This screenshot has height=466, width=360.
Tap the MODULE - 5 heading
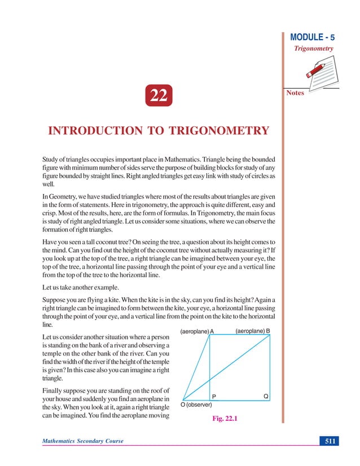(x=312, y=38)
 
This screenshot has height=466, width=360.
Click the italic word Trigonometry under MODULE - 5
(x=313, y=49)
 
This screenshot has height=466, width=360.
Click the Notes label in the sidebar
(x=295, y=93)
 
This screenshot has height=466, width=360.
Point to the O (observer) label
(x=196, y=405)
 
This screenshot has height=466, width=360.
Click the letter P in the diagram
(x=214, y=396)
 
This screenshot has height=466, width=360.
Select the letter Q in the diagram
(x=265, y=396)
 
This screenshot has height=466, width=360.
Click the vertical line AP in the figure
(x=209, y=367)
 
